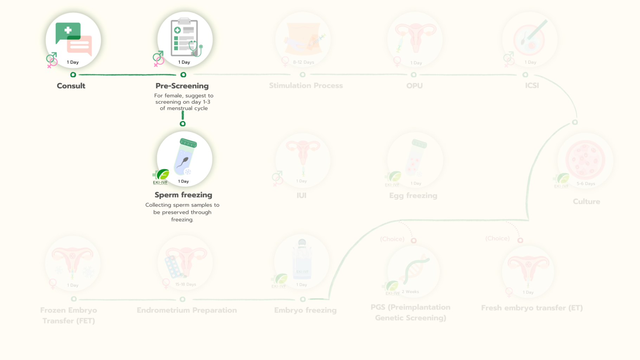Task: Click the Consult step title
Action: point(71,86)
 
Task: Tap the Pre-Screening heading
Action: point(182,86)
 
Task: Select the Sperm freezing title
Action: point(183,195)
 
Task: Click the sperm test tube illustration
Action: point(185,157)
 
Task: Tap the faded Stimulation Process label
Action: point(306,85)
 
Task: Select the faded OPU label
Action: point(414,85)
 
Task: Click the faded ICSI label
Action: point(532,85)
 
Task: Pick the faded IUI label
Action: point(301,195)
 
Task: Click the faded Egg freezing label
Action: point(413,195)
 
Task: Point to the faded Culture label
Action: point(586,201)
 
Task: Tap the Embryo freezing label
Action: point(305,310)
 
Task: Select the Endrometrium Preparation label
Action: point(187,310)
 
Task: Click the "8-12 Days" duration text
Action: point(303,62)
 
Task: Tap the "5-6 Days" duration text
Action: point(586,184)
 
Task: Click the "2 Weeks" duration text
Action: point(410,292)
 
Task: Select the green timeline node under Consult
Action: point(73,75)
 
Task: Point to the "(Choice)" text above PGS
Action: point(392,239)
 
